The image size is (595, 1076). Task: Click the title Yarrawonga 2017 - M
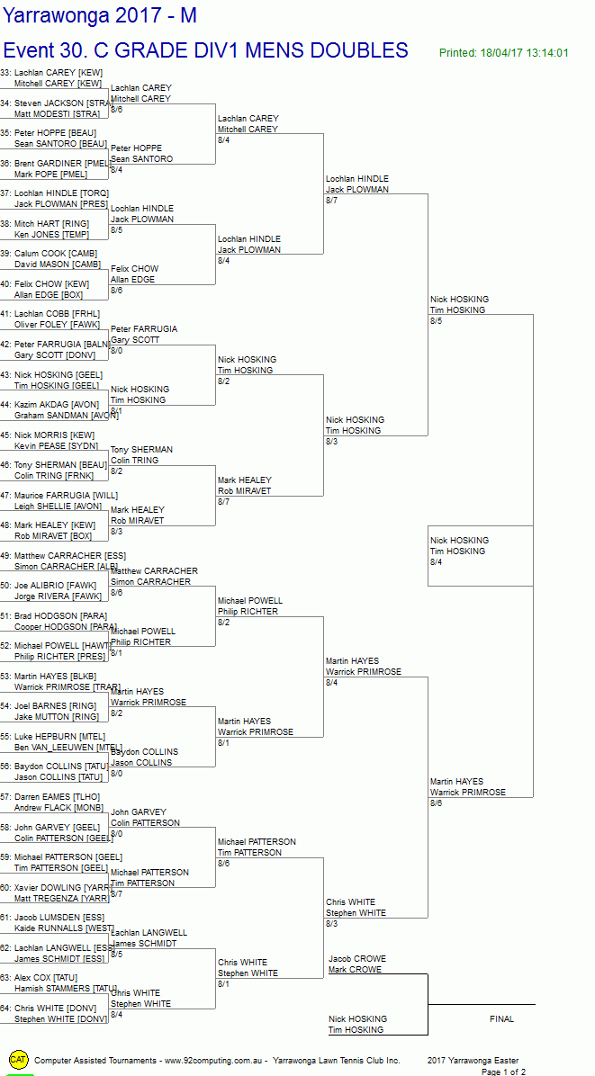point(100,15)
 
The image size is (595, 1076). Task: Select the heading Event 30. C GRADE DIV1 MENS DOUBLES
point(205,50)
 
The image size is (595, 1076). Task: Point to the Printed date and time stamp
point(503,53)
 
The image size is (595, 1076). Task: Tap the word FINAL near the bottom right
point(501,1019)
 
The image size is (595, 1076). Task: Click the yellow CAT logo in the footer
point(18,1061)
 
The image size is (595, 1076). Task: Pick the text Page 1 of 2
point(503,1072)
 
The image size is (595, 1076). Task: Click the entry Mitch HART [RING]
point(51,224)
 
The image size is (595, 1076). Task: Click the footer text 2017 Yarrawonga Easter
point(473,1061)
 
